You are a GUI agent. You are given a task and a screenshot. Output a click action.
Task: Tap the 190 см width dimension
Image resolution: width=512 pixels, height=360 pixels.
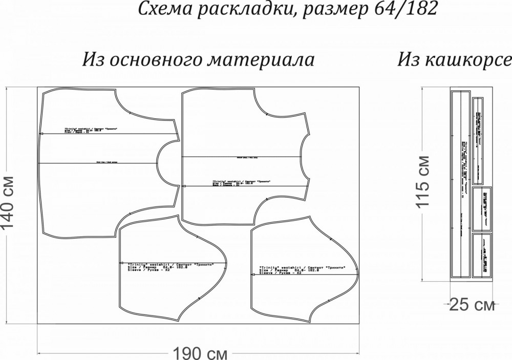[200, 353]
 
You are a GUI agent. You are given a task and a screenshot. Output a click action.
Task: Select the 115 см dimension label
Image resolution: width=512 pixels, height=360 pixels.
[423, 182]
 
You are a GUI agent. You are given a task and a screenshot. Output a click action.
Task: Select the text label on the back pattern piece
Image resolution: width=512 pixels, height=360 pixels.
[241, 183]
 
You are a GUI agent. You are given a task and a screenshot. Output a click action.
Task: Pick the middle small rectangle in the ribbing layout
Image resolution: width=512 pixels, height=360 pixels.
[481, 209]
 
